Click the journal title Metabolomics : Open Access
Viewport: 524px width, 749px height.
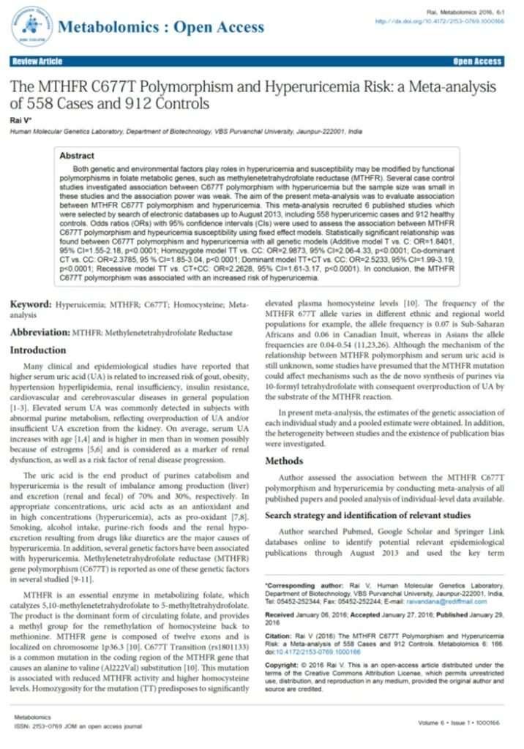coord(161,27)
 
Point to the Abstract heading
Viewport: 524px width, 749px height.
coord(77,156)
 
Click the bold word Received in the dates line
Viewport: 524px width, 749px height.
coord(280,617)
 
